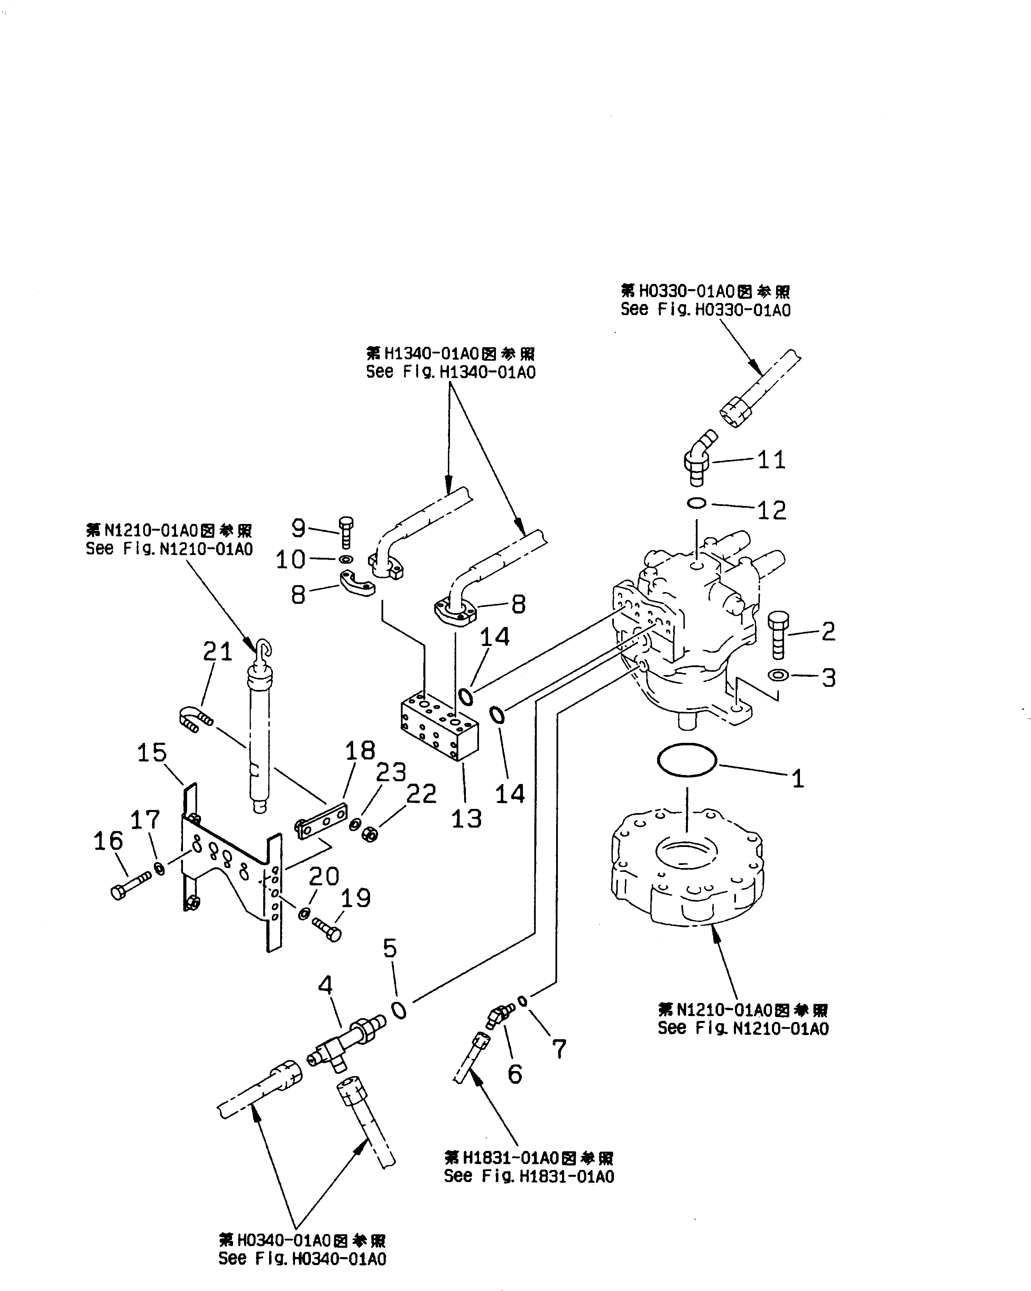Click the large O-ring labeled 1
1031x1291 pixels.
[x=687, y=761]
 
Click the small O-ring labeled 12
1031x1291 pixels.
[x=696, y=504]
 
